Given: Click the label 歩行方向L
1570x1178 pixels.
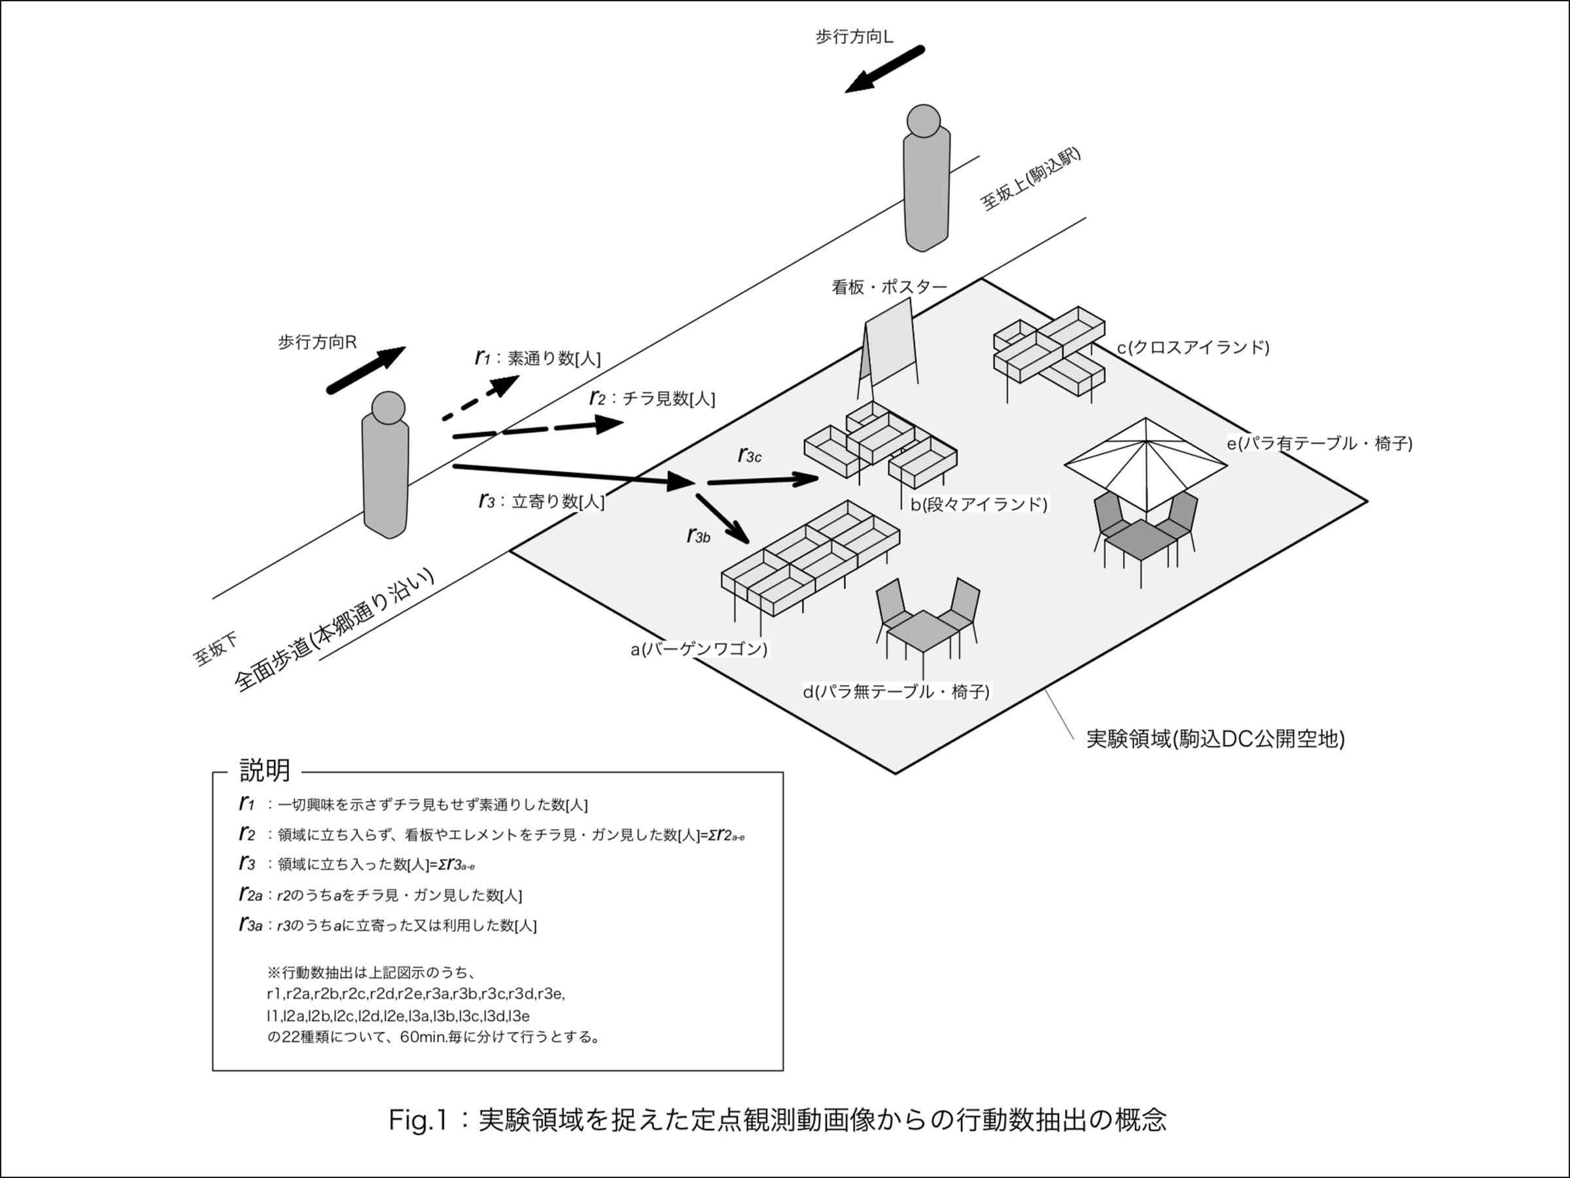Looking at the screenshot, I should tap(854, 37).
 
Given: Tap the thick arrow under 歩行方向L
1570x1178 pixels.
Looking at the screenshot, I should tap(884, 69).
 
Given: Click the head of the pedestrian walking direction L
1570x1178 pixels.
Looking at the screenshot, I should tap(924, 122).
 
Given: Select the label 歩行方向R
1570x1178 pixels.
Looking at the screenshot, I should tap(317, 342).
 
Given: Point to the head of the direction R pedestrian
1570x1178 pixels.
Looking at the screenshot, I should tap(388, 408).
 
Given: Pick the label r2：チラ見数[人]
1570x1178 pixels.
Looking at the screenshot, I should tap(652, 399).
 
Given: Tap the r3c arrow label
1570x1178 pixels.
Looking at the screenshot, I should tap(750, 455).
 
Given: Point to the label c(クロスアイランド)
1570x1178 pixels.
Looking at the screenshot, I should tap(1193, 348).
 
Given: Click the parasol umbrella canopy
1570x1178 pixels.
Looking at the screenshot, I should tap(1145, 461).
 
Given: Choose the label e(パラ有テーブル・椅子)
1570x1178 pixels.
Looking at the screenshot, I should tap(1319, 443).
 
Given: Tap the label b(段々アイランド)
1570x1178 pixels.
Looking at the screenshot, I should tap(979, 503).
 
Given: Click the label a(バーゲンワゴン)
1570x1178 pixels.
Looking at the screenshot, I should tap(699, 649).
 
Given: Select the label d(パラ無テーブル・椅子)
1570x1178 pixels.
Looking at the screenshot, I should tap(896, 691).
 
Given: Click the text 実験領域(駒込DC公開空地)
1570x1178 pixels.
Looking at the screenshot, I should tap(1215, 739).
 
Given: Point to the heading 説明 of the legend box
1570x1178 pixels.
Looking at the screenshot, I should tap(265, 770).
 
